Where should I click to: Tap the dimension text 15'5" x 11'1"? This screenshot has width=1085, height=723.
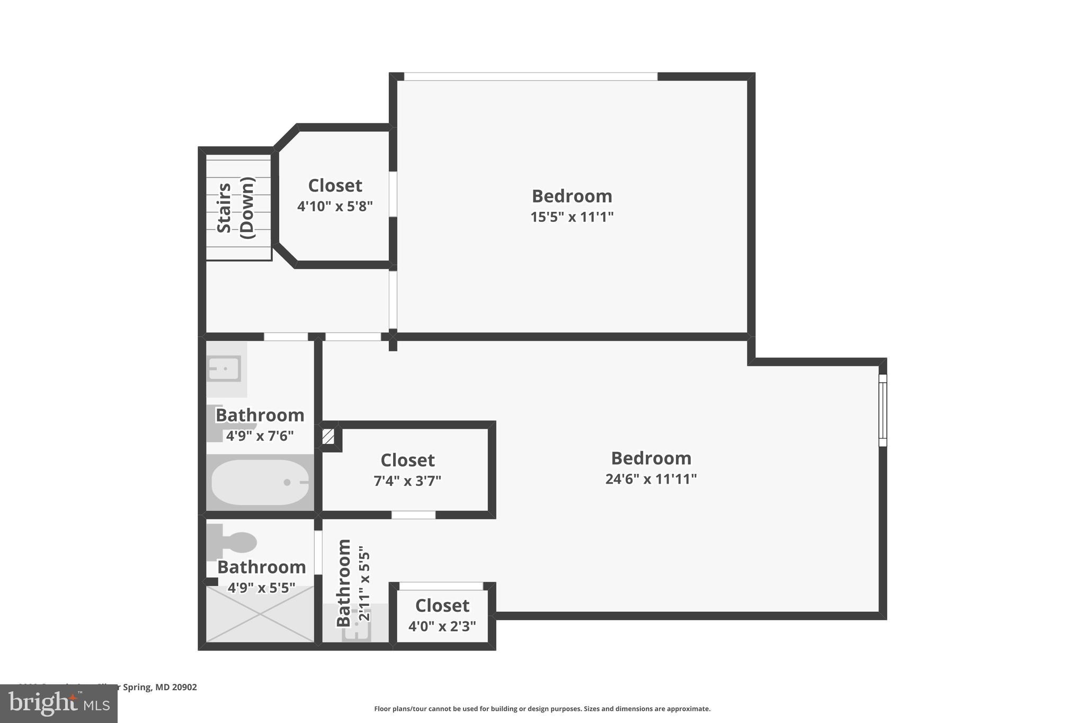[x=572, y=217]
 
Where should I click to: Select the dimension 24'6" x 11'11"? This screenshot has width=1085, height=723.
[x=651, y=479]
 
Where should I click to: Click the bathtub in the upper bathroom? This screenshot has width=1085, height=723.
[x=260, y=483]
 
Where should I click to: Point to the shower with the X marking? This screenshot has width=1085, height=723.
[x=260, y=614]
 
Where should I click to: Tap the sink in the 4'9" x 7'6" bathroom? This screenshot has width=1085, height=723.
[x=225, y=368]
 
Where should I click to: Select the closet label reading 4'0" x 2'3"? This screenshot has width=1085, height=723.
[x=442, y=626]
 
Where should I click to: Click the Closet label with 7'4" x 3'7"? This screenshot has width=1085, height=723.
[x=407, y=460]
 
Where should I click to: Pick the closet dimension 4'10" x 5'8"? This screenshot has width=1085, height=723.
[x=335, y=206]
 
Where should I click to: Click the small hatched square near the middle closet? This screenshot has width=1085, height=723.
[x=328, y=437]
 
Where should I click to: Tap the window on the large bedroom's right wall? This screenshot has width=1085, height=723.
[x=883, y=410]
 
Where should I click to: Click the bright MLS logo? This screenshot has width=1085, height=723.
[x=59, y=703]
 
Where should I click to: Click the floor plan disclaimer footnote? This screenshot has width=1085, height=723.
[x=542, y=709]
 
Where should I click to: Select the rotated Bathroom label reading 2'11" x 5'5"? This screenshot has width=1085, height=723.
[x=352, y=583]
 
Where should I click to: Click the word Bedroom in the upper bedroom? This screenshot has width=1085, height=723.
[x=572, y=196]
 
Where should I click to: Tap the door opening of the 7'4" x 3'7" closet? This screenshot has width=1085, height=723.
[x=413, y=515]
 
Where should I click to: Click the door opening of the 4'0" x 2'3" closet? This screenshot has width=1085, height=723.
[x=441, y=586]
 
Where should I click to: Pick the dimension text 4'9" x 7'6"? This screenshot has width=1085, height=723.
[x=260, y=436]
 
